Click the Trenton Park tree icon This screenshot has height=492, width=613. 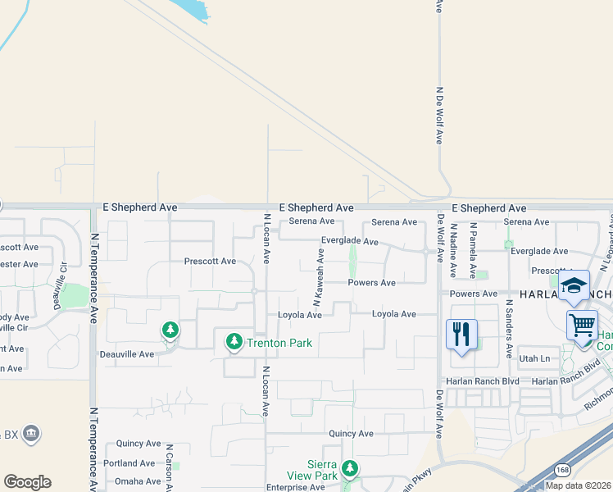coord(234,340)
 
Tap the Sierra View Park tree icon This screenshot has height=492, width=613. coord(350,468)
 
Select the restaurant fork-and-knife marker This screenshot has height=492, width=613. coord(462,334)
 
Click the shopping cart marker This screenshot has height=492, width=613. coord(581,324)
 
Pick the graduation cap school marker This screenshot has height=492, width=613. coord(574,285)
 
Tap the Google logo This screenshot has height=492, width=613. coord(27,482)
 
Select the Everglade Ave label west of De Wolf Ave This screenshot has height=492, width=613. coord(349,242)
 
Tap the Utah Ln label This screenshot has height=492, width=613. coord(534,359)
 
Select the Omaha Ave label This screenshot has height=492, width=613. coord(138,481)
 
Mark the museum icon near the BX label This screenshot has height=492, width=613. coord(31,433)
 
